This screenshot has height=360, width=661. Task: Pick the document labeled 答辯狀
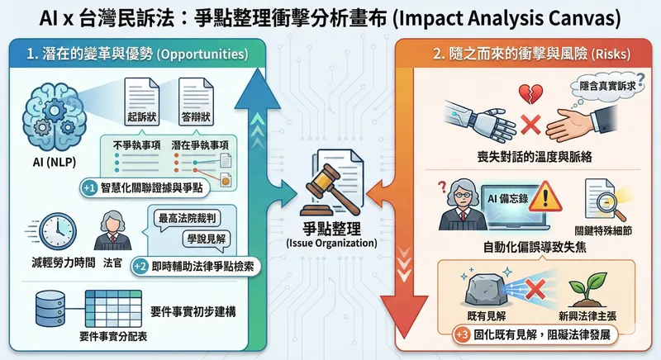pos(191,102)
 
